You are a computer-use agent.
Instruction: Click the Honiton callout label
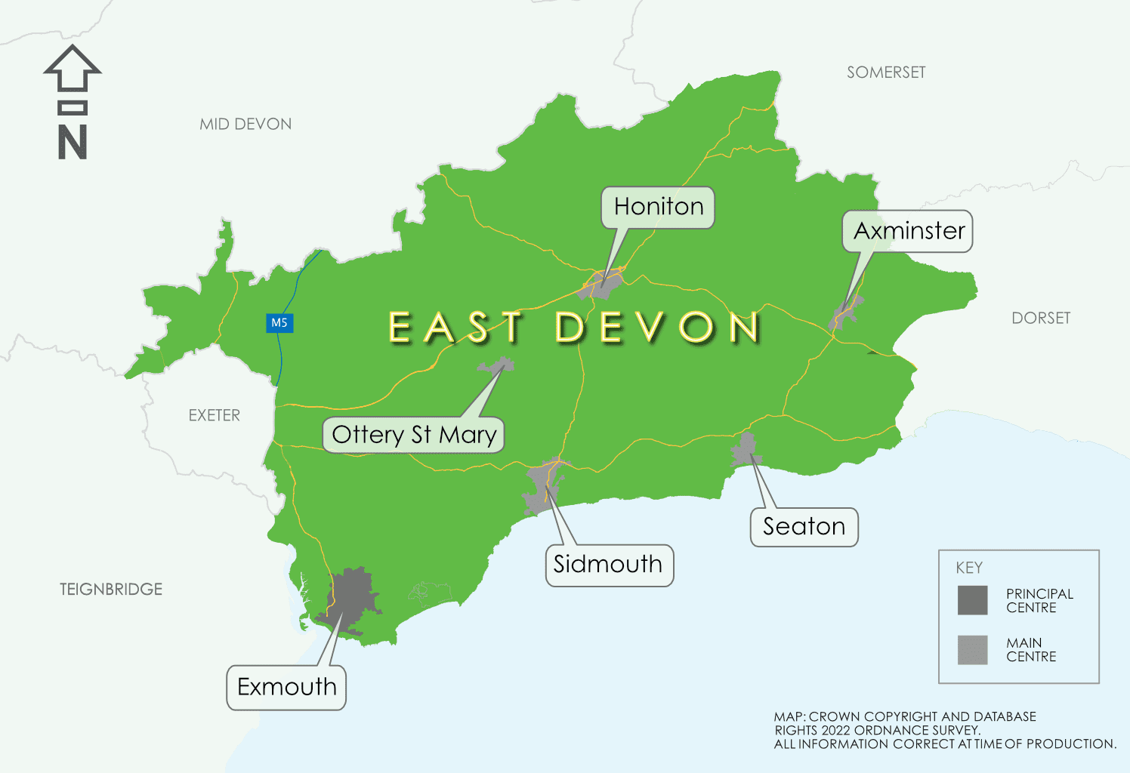658,207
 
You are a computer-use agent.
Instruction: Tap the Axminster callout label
909,231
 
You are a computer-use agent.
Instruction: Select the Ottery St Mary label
414,435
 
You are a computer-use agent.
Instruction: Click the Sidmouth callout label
608,565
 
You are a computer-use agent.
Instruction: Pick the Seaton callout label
804,527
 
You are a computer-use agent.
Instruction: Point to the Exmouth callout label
286,687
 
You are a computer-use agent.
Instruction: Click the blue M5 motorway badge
279,323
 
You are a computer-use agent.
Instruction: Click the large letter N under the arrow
73,142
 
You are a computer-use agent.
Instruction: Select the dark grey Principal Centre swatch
972,600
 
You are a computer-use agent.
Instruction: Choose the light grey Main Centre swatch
972,649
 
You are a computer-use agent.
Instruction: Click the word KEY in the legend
969,568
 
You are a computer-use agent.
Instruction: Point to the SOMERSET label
885,72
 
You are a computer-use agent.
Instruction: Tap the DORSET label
1040,318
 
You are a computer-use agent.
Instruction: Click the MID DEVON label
245,125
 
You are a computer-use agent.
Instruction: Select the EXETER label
215,415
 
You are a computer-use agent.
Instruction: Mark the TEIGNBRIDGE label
111,589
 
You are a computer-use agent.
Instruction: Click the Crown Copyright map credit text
944,730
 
